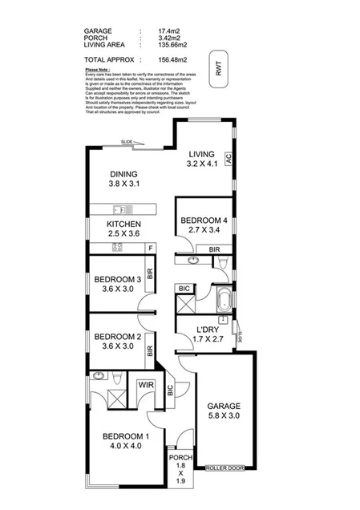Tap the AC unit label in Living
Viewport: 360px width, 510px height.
[x=228, y=159]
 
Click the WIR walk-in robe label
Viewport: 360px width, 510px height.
[x=145, y=385]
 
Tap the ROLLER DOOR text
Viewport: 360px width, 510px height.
[x=224, y=467]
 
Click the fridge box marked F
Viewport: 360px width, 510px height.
[x=150, y=248]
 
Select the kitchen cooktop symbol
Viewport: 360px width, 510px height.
[x=117, y=248]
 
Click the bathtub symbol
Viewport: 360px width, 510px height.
[x=224, y=302]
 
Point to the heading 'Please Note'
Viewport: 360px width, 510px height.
[x=96, y=71]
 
